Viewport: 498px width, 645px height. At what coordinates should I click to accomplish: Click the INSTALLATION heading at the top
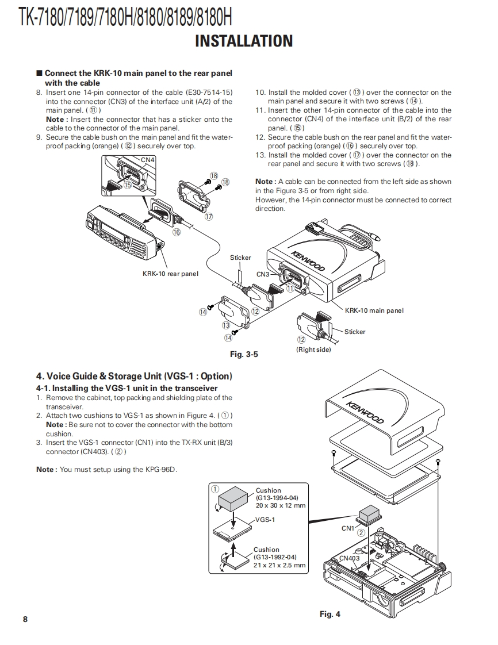[x=244, y=41]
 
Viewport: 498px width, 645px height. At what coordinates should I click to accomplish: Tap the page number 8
[x=25, y=619]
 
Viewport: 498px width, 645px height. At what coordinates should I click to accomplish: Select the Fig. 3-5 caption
[x=244, y=354]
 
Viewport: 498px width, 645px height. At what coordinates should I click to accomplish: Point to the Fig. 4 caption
[x=330, y=614]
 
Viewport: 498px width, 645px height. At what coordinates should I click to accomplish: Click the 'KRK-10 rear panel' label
[x=170, y=274]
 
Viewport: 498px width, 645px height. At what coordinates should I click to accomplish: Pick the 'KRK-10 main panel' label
[x=374, y=310]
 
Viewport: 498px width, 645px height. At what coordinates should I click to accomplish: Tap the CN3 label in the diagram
[x=263, y=274]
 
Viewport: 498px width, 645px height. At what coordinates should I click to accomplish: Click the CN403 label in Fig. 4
[x=349, y=558]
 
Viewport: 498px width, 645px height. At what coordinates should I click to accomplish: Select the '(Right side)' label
[x=313, y=350]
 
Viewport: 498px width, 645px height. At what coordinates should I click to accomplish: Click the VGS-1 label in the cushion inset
[x=265, y=520]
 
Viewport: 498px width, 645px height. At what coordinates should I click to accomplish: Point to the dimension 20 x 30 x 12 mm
[x=281, y=505]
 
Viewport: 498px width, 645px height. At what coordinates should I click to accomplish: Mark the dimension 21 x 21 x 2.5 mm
[x=280, y=565]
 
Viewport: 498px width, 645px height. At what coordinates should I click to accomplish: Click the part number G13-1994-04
[x=277, y=498]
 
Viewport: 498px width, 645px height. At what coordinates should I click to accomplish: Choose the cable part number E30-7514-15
[x=210, y=93]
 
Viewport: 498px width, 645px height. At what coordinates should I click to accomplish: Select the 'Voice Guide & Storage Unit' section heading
[x=134, y=377]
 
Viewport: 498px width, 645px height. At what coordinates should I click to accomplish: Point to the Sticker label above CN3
[x=240, y=258]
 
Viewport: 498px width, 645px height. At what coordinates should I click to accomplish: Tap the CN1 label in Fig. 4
[x=348, y=528]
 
